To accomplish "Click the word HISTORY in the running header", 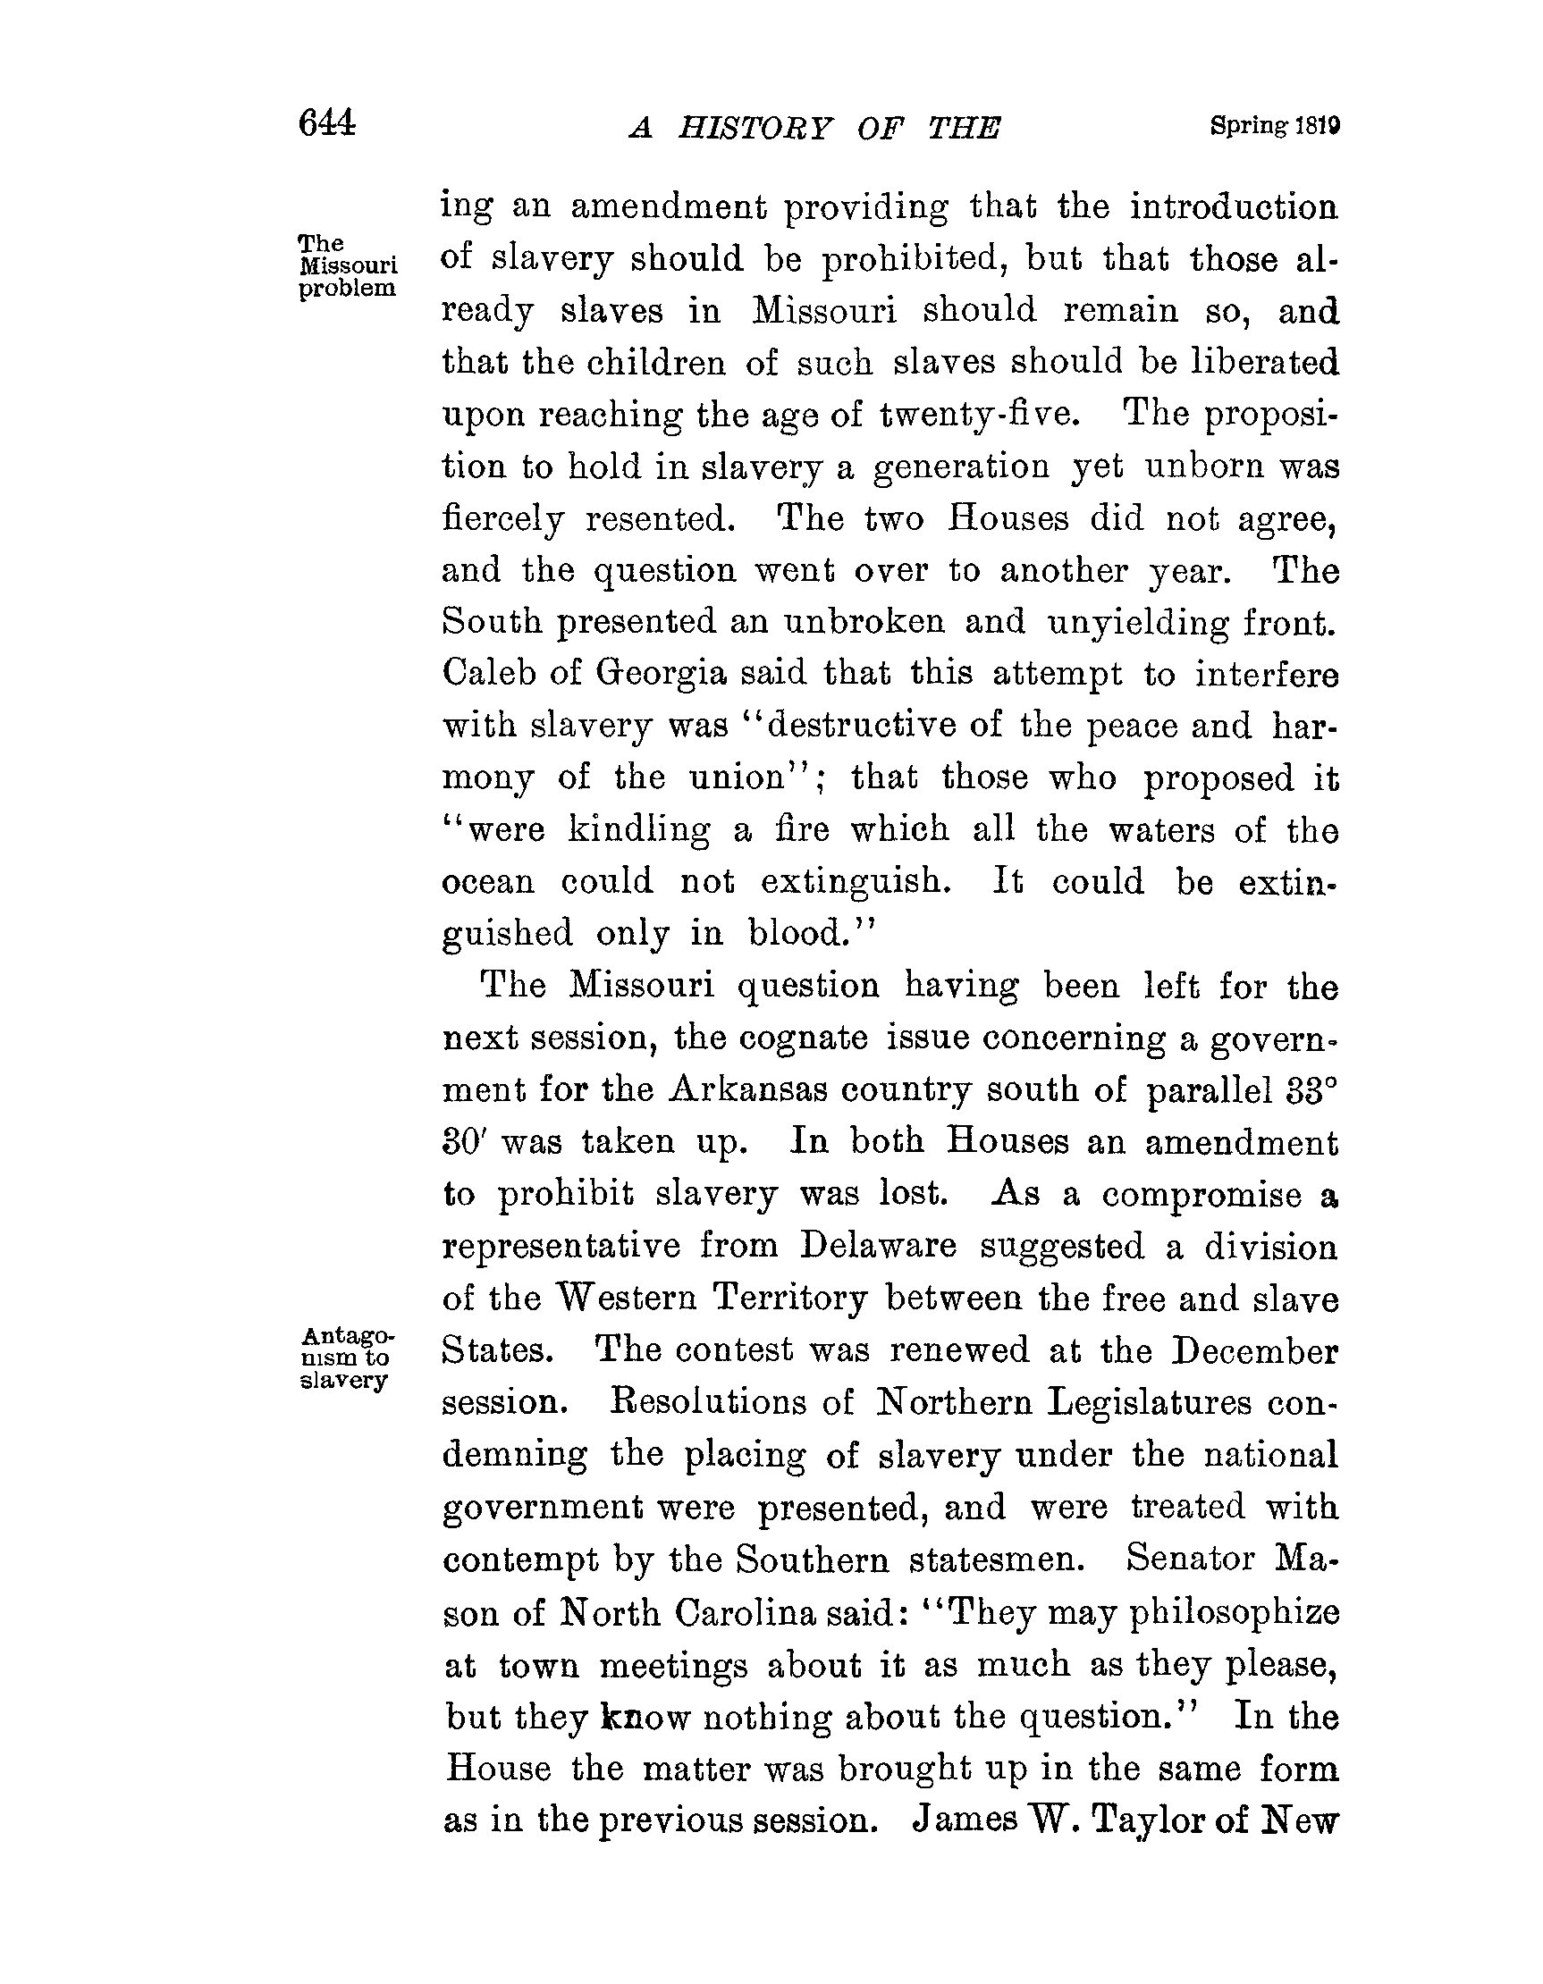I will [755, 129].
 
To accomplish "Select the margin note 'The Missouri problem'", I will [347, 265].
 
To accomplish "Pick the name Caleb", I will [488, 673].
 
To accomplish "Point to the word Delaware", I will [878, 1246].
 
